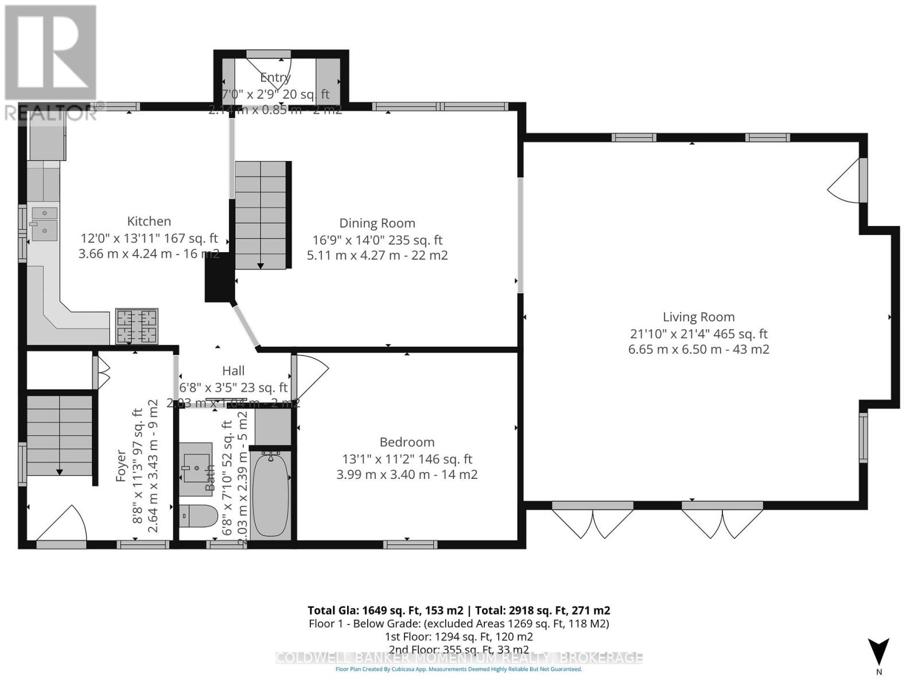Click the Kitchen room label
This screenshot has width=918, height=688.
149,221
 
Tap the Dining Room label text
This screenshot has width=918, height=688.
377,224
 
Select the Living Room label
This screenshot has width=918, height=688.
698,317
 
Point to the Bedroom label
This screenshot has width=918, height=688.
407,442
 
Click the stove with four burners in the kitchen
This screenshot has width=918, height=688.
137,326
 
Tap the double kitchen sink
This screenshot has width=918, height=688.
44,224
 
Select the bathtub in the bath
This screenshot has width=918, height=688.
270,494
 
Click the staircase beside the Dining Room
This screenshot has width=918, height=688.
260,215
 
